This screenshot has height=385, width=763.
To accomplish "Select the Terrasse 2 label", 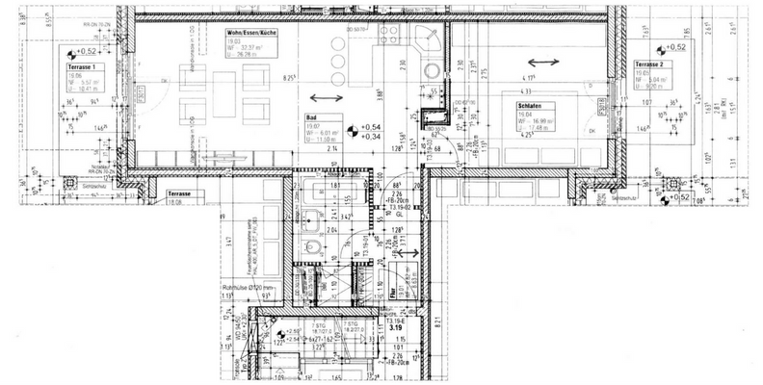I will (651, 64).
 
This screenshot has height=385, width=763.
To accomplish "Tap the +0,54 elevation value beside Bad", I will (371, 127).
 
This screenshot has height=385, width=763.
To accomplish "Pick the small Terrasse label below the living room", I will (179, 193).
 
